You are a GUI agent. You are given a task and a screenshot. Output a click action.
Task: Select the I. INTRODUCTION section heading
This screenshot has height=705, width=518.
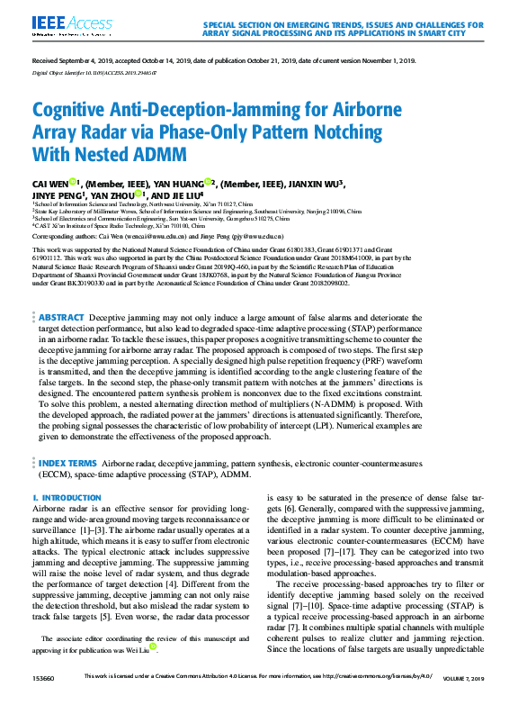60,498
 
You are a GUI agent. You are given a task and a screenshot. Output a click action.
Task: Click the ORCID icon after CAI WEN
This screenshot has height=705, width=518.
75,181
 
